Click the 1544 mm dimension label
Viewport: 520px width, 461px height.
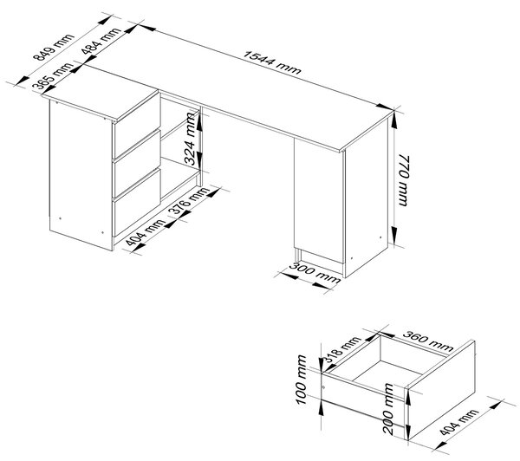272,62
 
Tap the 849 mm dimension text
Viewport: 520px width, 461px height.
54,48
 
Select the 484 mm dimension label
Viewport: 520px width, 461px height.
101,41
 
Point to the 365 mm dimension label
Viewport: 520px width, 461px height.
53,75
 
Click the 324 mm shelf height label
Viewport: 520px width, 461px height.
191,139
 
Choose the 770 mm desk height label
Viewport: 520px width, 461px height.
404,179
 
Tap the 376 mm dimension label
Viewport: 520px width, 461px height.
189,201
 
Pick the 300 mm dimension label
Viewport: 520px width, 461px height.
314,273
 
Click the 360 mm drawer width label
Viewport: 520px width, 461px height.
428,341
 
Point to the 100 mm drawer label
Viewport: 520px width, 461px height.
302,380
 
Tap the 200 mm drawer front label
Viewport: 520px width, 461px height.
388,409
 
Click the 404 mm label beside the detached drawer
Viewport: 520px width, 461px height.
459,422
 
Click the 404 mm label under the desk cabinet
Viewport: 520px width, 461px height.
146,233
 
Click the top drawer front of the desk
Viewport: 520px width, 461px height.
137,126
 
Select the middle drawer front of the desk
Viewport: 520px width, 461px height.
137,163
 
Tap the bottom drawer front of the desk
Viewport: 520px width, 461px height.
137,202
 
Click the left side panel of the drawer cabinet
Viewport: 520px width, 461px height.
81,175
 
